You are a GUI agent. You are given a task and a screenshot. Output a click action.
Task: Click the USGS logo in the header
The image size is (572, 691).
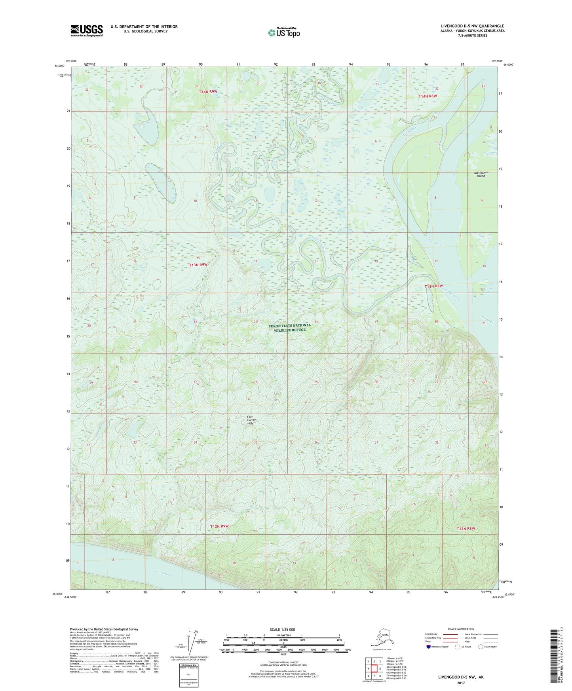(86, 30)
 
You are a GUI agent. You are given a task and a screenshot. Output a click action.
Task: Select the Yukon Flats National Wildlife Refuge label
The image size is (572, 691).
(289, 327)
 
